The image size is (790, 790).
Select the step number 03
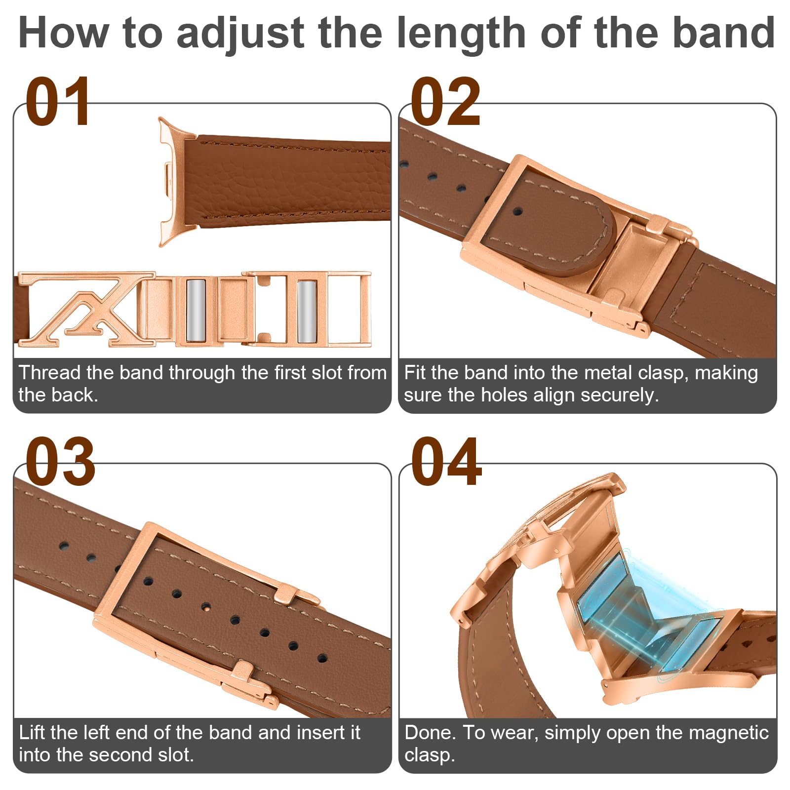[60, 461]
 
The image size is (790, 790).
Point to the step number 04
[446, 461]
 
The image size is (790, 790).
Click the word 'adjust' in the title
[240, 34]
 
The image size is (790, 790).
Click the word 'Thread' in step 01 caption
[49, 373]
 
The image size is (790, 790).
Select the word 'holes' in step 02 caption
[505, 395]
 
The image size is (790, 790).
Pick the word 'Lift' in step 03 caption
[31, 733]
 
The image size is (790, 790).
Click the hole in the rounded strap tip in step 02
[517, 212]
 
